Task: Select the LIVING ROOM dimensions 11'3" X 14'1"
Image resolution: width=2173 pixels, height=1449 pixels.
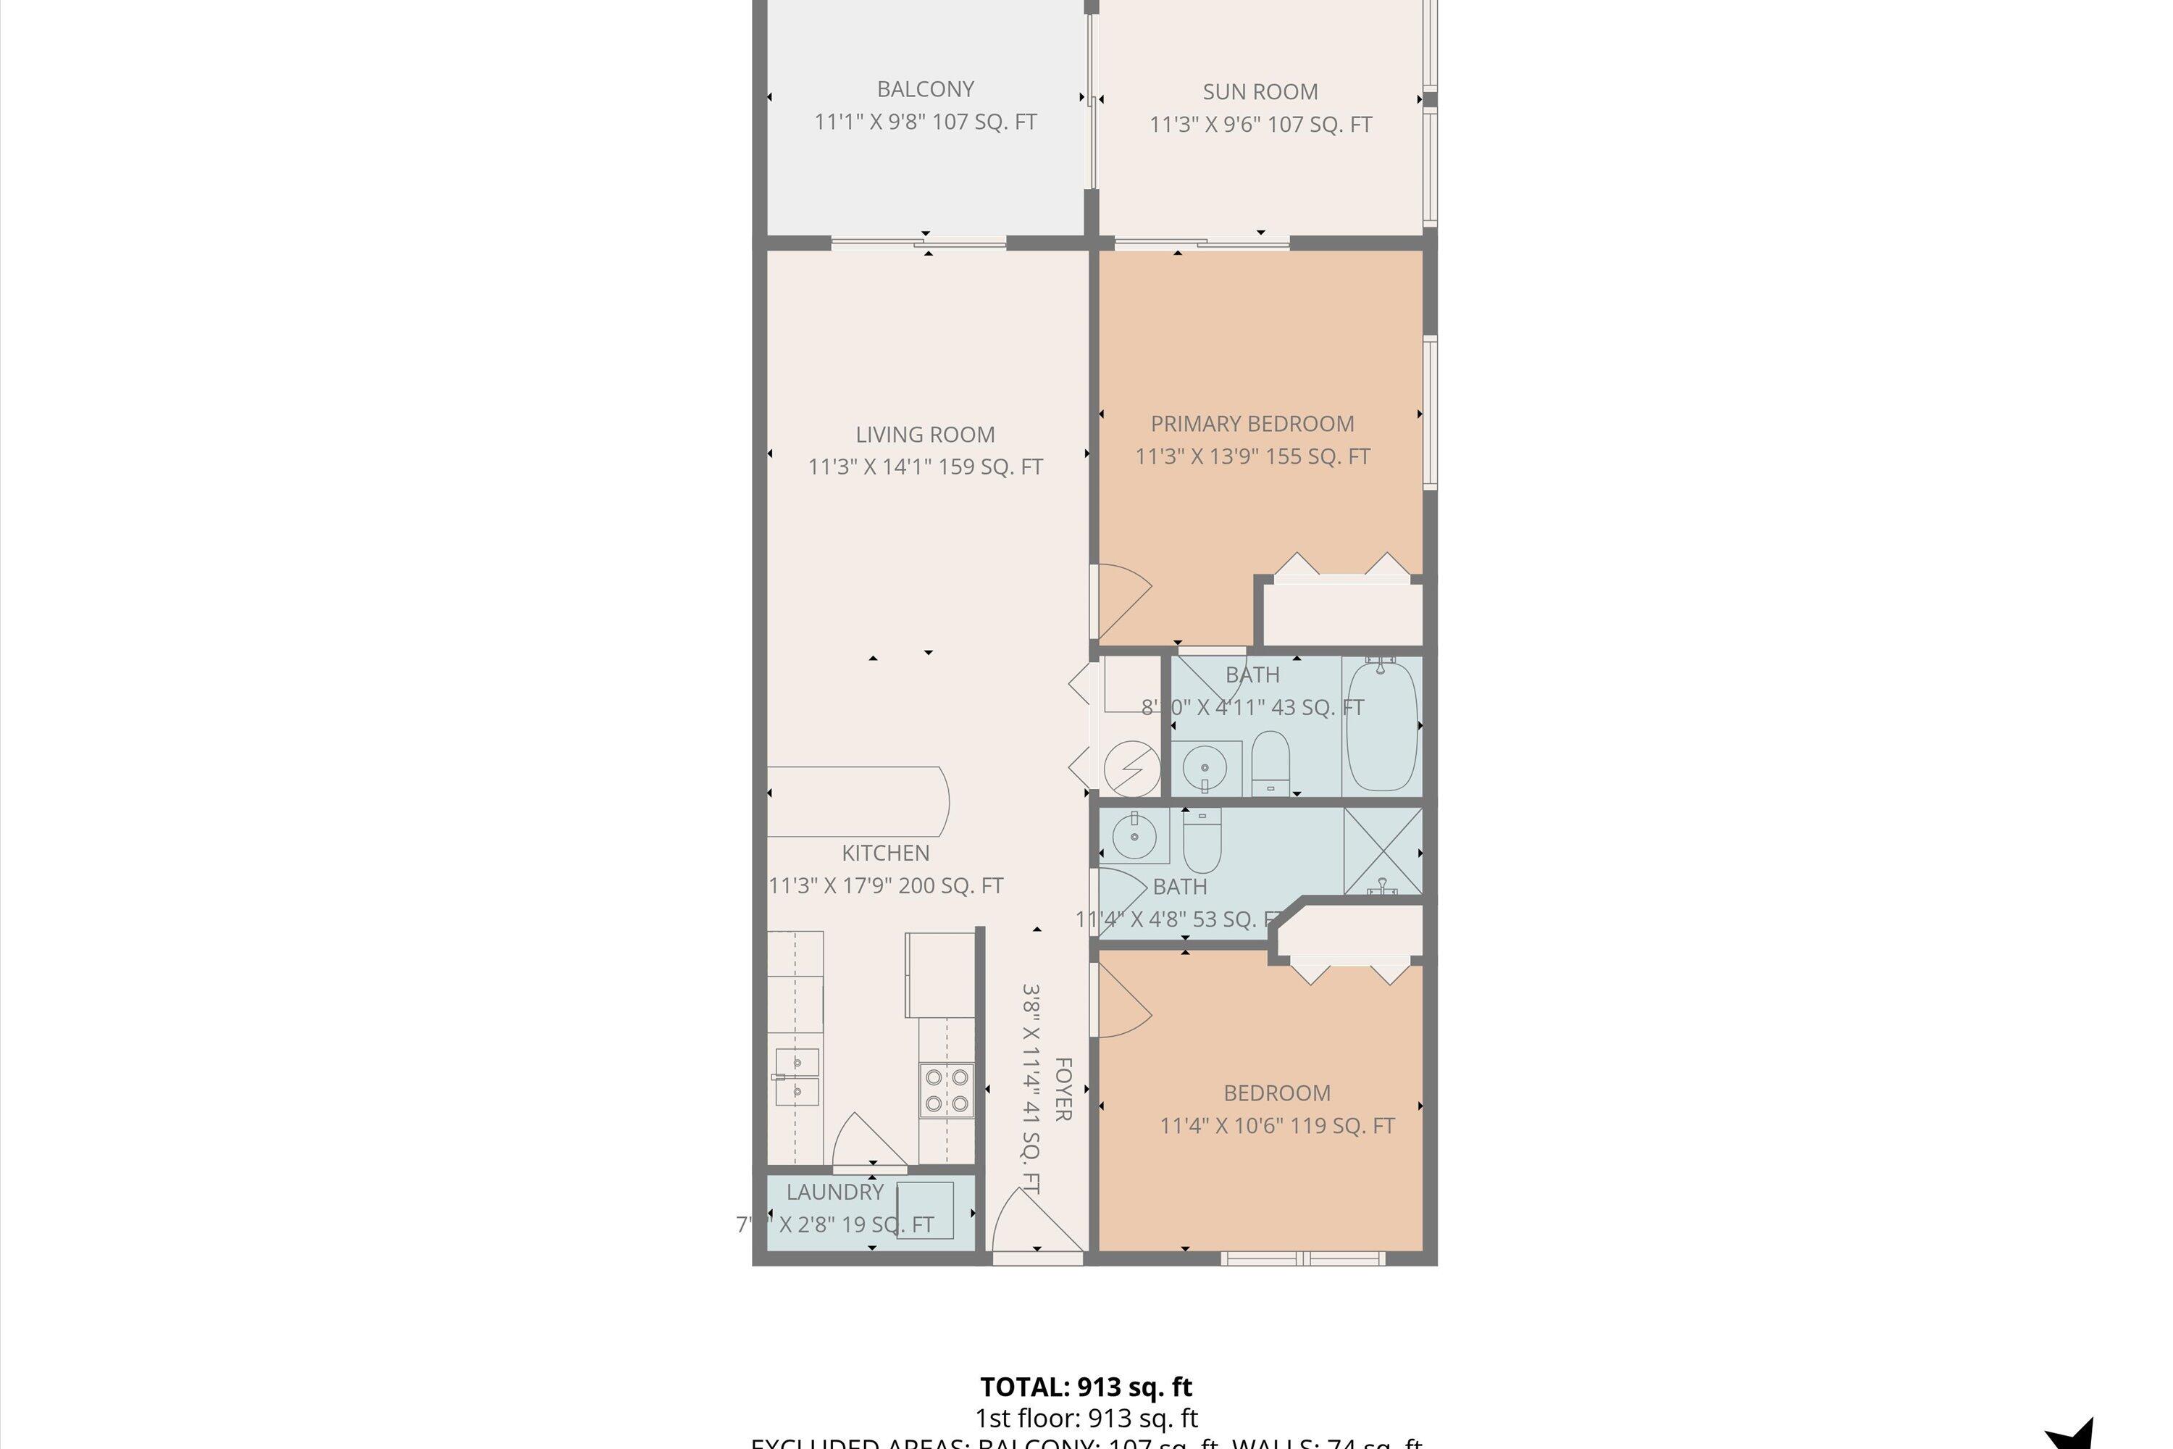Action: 925,467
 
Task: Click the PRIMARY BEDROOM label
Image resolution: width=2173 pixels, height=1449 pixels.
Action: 1252,424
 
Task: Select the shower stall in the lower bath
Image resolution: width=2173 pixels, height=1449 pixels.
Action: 1382,850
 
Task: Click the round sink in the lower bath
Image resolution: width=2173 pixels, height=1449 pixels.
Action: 1134,836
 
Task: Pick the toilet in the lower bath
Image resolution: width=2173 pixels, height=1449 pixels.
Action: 1202,841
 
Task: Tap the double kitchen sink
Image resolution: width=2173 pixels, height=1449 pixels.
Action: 796,1077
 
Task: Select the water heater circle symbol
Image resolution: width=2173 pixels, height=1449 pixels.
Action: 1131,768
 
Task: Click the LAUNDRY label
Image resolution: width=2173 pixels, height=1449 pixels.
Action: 834,1192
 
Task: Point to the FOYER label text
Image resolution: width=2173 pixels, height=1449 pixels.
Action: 1063,1090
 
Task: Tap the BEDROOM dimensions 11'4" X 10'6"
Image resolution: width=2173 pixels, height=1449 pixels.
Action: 1277,1126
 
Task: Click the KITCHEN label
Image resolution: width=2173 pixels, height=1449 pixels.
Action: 885,853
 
